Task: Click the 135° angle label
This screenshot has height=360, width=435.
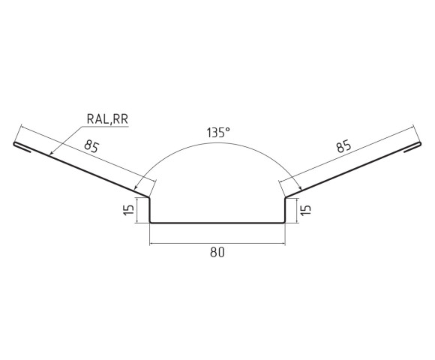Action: (217, 133)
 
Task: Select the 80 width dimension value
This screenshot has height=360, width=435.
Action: (217, 253)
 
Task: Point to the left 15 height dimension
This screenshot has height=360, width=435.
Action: (128, 210)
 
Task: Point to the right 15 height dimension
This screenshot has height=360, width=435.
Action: (306, 210)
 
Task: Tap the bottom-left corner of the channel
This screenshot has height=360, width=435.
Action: (150, 222)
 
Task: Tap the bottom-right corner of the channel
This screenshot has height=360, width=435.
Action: (285, 222)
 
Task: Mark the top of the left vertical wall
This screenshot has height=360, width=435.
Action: (149, 198)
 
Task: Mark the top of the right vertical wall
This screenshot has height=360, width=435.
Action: (286, 198)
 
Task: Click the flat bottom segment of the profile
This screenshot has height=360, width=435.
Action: (217, 222)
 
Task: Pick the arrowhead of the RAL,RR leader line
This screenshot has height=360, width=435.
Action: (50, 154)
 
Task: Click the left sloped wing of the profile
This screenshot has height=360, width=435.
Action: (82, 170)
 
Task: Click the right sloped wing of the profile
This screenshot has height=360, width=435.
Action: (352, 170)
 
